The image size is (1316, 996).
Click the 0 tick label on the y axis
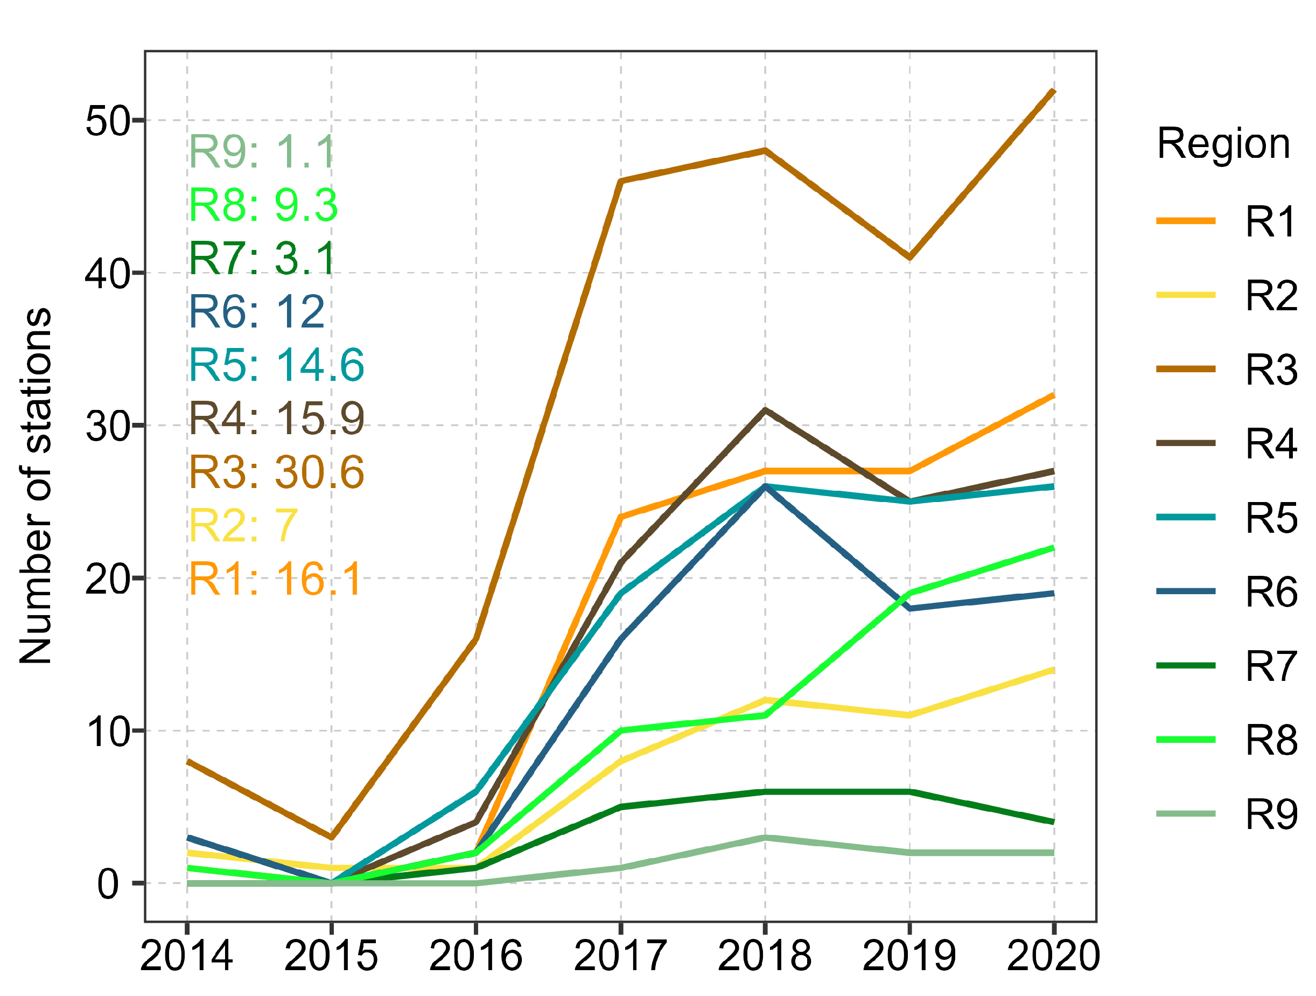(108, 884)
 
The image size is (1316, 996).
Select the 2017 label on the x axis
(620, 956)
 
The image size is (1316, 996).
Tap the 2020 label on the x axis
(1054, 956)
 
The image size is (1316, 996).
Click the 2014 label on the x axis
(187, 956)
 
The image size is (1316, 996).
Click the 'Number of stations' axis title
(36, 486)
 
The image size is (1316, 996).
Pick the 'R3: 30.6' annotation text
(277, 472)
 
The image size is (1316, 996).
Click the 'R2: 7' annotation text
(243, 526)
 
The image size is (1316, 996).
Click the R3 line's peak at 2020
(1054, 90)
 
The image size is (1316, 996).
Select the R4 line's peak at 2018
(765, 410)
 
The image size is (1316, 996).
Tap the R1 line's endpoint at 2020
(1054, 395)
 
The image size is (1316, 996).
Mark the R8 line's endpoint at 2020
(1054, 548)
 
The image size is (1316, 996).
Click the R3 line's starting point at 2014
(187, 762)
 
